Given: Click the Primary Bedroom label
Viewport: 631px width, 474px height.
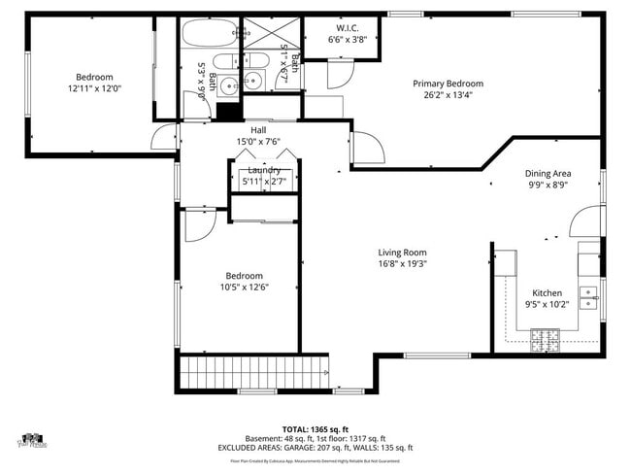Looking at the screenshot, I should click(448, 84).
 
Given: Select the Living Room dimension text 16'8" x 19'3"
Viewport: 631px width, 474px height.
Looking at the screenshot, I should click(403, 263).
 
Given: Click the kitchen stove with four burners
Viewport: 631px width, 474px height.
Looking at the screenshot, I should click(544, 338).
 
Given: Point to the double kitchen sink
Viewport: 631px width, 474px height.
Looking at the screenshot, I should click(587, 295).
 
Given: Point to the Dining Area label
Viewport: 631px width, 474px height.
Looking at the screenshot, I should click(548, 173).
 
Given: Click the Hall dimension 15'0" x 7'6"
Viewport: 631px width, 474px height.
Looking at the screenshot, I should click(258, 142).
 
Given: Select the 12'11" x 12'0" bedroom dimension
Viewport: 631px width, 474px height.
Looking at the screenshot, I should click(94, 88).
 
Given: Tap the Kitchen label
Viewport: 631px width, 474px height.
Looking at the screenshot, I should click(547, 292).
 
